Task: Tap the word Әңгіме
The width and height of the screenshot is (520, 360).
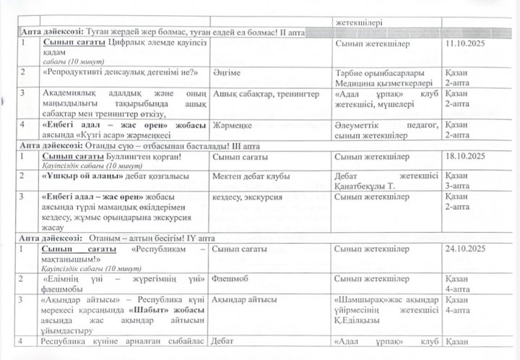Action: (227, 74)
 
